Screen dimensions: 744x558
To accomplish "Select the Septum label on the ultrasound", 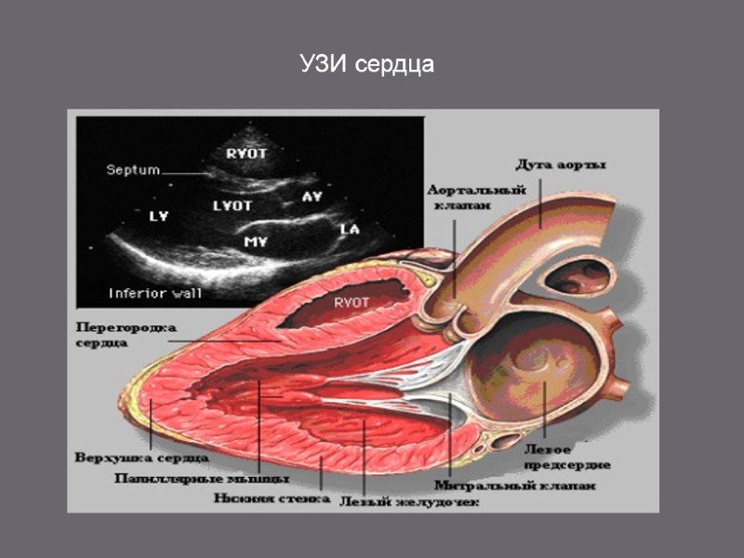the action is click(133, 170).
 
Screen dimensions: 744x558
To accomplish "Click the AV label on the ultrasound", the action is click(312, 196).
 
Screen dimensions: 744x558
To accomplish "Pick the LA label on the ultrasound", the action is click(350, 229).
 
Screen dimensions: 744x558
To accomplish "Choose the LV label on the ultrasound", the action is click(159, 217).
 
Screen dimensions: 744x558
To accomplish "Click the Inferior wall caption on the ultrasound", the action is click(155, 291).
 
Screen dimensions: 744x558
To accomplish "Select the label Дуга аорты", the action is click(562, 166).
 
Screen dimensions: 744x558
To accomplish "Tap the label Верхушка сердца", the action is click(141, 458).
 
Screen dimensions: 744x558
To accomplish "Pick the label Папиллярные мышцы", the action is click(201, 479).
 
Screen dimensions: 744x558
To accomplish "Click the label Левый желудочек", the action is click(409, 502).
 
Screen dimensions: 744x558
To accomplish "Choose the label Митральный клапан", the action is click(514, 485).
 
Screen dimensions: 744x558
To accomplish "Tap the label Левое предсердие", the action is click(565, 456).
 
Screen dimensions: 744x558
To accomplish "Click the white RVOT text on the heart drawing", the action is click(352, 302).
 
